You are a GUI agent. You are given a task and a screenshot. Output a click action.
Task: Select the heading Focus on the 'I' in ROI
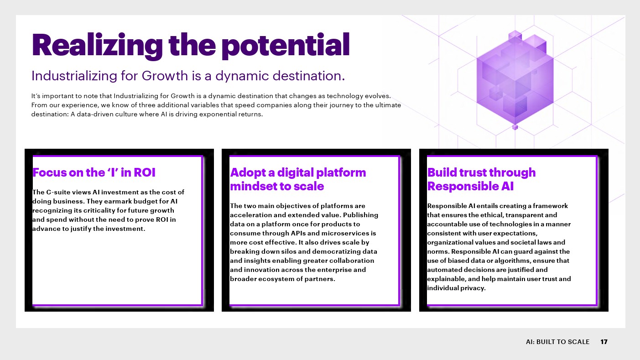tap(94, 172)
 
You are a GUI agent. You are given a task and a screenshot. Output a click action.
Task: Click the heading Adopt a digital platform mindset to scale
tap(298, 179)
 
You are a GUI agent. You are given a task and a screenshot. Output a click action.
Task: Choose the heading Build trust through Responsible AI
tap(481, 179)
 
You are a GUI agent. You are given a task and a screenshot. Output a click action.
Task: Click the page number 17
tap(604, 342)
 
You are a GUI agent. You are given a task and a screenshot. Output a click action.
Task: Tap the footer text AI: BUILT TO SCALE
tap(558, 342)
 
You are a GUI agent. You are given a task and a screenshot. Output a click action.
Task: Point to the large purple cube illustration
tap(515, 80)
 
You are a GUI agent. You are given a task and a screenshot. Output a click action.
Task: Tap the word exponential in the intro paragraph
tap(218, 114)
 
